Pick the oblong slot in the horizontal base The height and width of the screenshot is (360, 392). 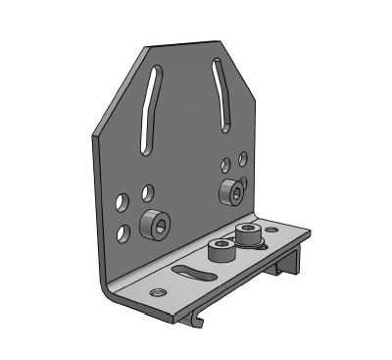click(x=194, y=274)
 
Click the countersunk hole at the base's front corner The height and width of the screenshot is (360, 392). click(x=157, y=291)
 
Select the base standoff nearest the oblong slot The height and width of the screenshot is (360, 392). click(x=221, y=253)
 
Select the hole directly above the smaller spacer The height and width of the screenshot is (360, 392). click(x=226, y=163)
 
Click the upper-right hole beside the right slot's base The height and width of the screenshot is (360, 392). click(x=241, y=154)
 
